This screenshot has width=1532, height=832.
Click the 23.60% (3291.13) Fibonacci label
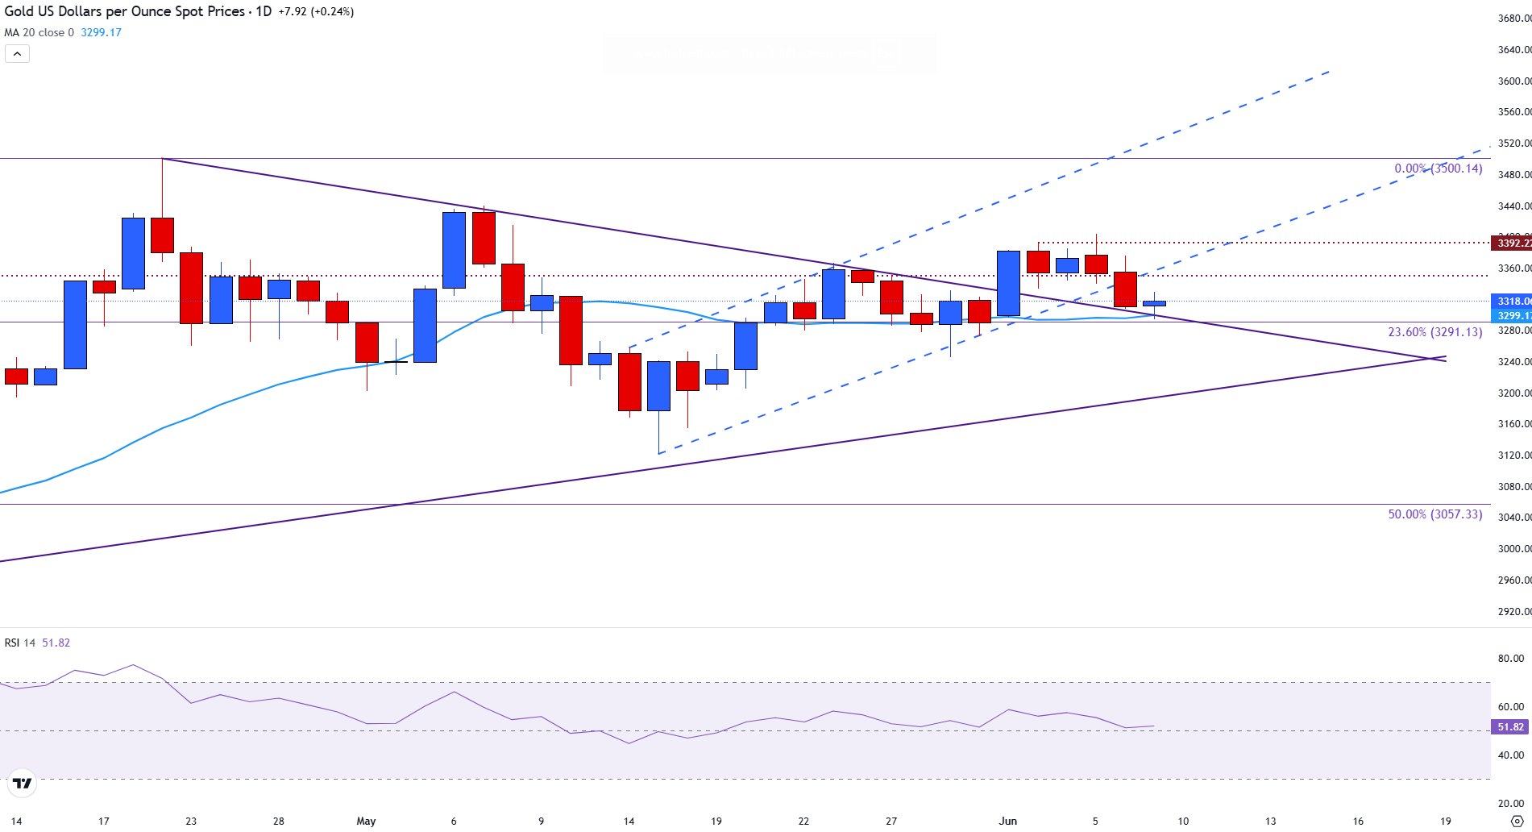pyautogui.click(x=1434, y=332)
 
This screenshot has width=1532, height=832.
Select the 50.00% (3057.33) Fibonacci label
pyautogui.click(x=1434, y=514)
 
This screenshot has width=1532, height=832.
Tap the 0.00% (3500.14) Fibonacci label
pyautogui.click(x=1438, y=168)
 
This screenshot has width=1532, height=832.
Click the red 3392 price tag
pyautogui.click(x=1513, y=243)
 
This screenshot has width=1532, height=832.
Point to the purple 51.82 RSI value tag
pyautogui.click(x=1510, y=727)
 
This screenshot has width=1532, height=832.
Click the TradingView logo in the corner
pyautogui.click(x=22, y=783)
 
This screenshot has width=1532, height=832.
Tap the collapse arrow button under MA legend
pyautogui.click(x=18, y=54)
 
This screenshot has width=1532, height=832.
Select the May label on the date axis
pyautogui.click(x=366, y=822)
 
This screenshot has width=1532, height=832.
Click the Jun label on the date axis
pyautogui.click(x=1008, y=822)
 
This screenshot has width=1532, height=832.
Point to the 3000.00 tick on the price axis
pyautogui.click(x=1513, y=549)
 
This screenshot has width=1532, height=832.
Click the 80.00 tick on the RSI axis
pyautogui.click(x=1511, y=659)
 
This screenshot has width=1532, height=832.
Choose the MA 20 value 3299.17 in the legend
pyautogui.click(x=101, y=33)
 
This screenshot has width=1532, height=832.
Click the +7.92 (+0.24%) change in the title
pyautogui.click(x=316, y=12)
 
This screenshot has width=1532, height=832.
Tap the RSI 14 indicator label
pyautogui.click(x=20, y=643)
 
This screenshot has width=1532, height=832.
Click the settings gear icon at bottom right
pyautogui.click(x=1517, y=822)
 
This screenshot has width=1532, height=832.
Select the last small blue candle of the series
pyautogui.click(x=1154, y=303)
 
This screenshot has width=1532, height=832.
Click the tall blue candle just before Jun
pyautogui.click(x=1008, y=283)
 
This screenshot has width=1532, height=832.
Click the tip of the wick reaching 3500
pyautogui.click(x=162, y=160)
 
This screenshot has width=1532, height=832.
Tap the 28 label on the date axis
pyautogui.click(x=278, y=822)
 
